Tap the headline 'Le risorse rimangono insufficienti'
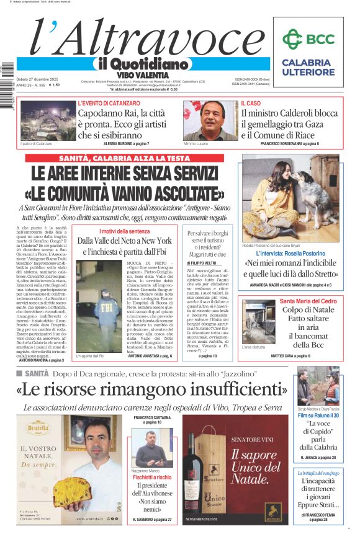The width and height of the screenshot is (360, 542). point(152,391)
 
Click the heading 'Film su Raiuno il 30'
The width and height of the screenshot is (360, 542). point(318,415)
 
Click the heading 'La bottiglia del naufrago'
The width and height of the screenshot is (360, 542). point(318,473)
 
